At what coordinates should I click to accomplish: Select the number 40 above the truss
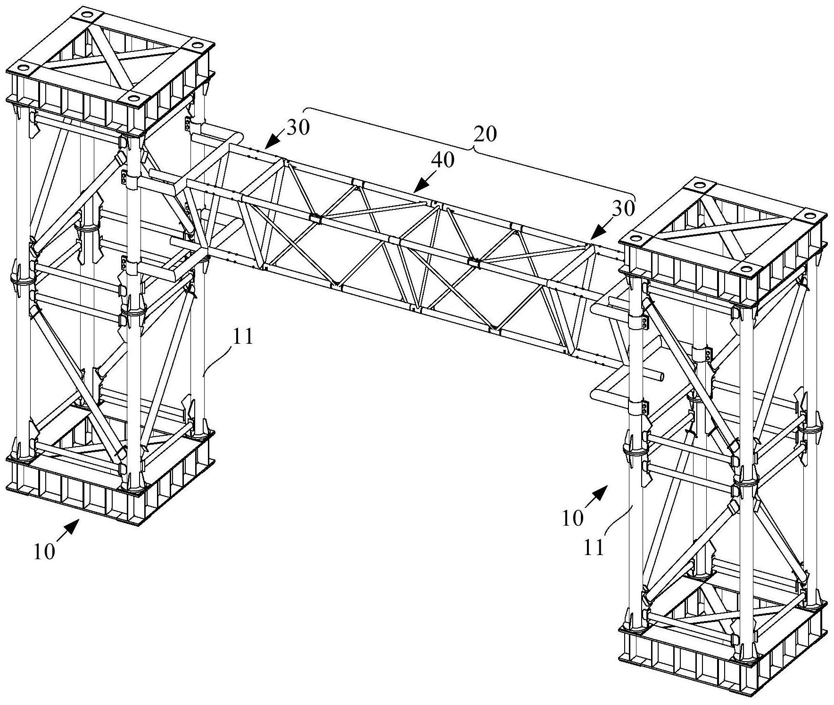443,160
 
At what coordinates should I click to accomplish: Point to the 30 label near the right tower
623,208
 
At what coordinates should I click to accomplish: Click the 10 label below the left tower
44,551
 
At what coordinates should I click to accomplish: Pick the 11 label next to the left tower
242,338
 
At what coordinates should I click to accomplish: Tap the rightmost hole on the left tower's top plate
197,45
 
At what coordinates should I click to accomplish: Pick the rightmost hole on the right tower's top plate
809,216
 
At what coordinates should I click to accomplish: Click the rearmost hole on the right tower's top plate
700,184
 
